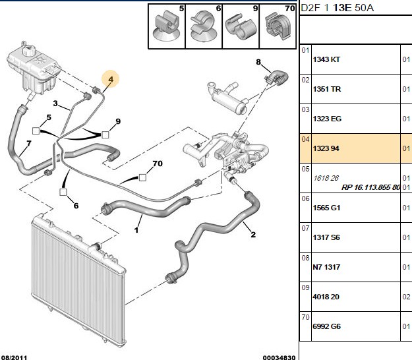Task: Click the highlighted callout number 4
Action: pyautogui.click(x=111, y=79)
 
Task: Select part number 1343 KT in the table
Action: pyautogui.click(x=326, y=59)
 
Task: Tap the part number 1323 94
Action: pyautogui.click(x=326, y=148)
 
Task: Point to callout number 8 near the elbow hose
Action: pyautogui.click(x=258, y=62)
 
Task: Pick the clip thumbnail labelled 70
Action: pyautogui.click(x=278, y=26)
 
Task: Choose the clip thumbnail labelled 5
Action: pyautogui.click(x=167, y=26)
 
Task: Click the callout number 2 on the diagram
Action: pyautogui.click(x=253, y=234)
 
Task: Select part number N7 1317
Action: pyautogui.click(x=326, y=267)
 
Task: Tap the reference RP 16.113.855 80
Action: pyautogui.click(x=370, y=187)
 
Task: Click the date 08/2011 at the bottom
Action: pyautogui.click(x=15, y=357)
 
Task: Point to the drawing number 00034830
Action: pyautogui.click(x=279, y=357)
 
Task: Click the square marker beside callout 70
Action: pyautogui.click(x=142, y=177)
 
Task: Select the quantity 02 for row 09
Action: pyautogui.click(x=406, y=297)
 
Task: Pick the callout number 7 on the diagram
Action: pyautogui.click(x=28, y=144)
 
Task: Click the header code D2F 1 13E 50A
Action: pyautogui.click(x=337, y=8)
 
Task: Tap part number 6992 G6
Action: pyautogui.click(x=326, y=326)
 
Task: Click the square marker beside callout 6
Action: pyautogui.click(x=63, y=192)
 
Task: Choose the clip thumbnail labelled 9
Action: pyautogui.click(x=241, y=26)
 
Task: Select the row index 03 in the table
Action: pyautogui.click(x=305, y=109)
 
